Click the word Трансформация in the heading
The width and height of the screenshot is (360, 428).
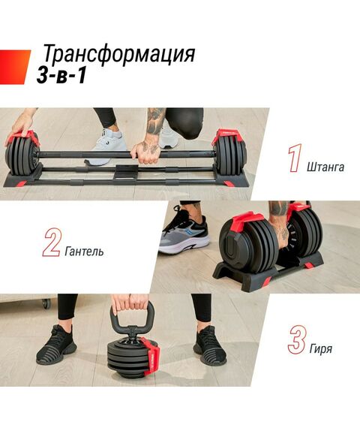[118, 55]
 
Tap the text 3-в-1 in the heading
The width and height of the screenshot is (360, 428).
[66, 76]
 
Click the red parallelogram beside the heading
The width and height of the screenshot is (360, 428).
[14, 64]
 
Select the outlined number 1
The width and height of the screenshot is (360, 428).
[294, 158]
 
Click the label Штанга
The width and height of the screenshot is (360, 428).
[326, 166]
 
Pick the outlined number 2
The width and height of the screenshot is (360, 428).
[51, 243]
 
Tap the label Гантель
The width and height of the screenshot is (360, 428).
[84, 251]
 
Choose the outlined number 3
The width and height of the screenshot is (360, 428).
[296, 339]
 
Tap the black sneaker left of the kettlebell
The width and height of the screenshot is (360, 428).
[56, 346]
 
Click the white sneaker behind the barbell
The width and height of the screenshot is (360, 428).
[104, 144]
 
